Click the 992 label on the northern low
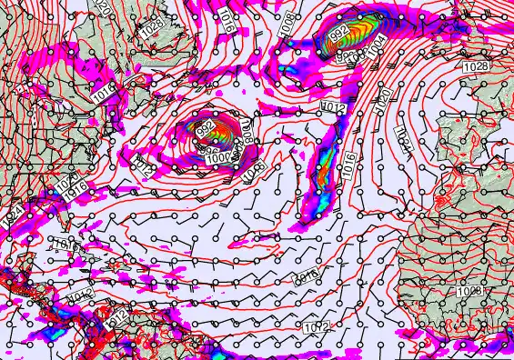tap(339, 35)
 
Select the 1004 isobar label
tap(373, 43)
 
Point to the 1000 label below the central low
tap(218, 158)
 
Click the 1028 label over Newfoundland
tap(150, 28)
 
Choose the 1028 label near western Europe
tap(473, 67)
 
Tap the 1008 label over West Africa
tap(470, 290)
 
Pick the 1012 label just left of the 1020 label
tap(333, 108)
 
